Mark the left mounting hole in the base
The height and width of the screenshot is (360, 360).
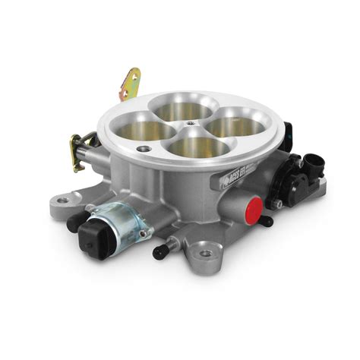coord(63,200)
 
